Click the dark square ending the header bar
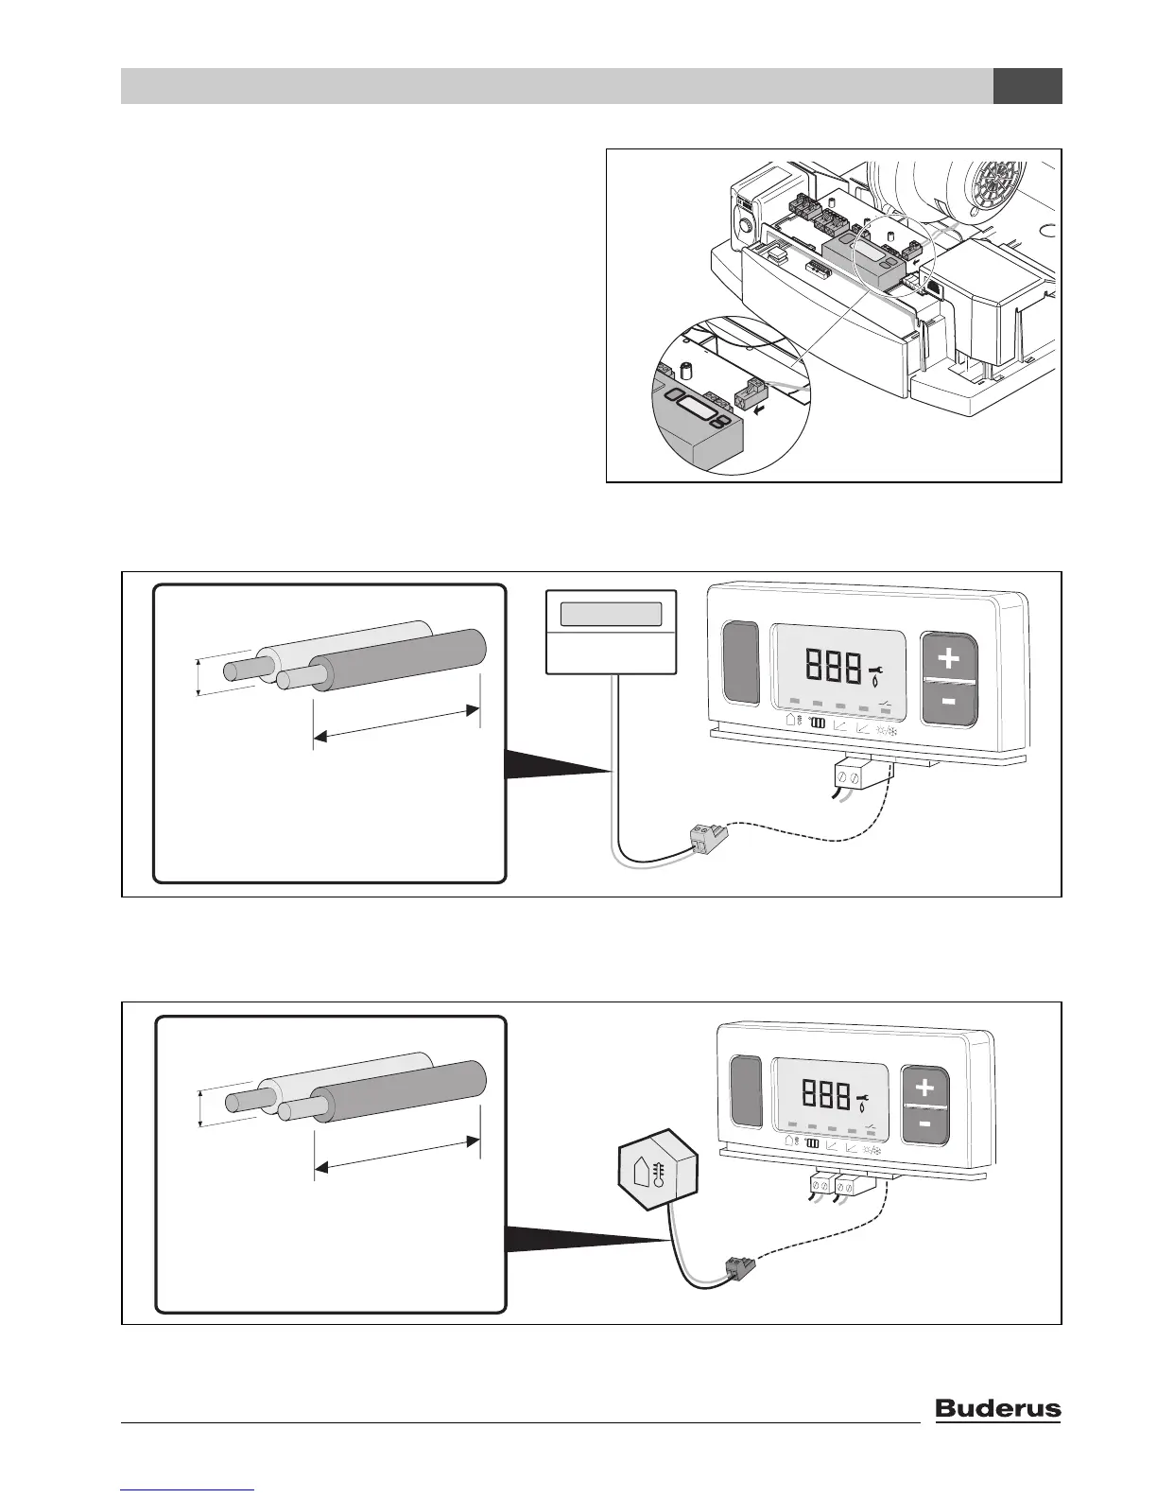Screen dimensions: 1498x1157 pos(1027,86)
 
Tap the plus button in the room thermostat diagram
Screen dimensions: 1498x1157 pos(948,657)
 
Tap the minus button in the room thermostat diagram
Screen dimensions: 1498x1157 pos(948,702)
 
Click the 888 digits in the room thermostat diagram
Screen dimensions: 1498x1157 pos(834,666)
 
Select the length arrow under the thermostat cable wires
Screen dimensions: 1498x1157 pos(396,723)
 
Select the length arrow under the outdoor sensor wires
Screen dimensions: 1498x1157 pos(397,1155)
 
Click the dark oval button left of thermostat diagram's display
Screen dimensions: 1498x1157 pos(740,662)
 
